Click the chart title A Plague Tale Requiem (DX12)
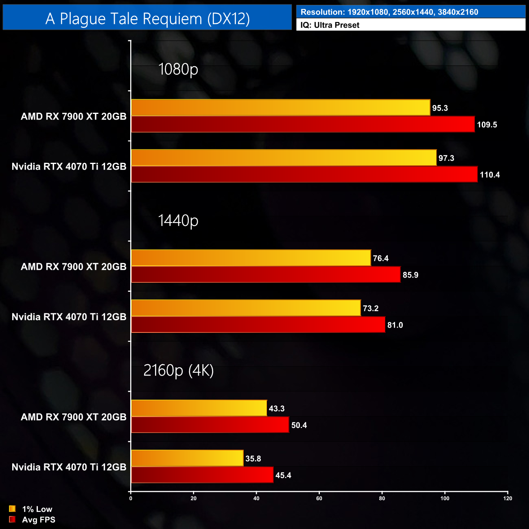coord(147,19)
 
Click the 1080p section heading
coord(178,69)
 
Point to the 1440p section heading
coord(178,220)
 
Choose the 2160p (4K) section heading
coord(179,370)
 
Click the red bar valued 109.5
coord(303,124)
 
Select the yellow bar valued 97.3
coord(284,158)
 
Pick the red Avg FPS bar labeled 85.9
coord(266,275)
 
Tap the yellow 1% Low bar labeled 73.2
coord(246,308)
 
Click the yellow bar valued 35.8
coord(187,458)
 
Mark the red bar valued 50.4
coord(210,425)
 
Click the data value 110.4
coord(490,175)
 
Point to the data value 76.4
coord(381,258)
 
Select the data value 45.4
coord(283,475)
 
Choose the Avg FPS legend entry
coord(32,520)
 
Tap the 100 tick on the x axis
coord(445,498)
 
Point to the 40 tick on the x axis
coord(256,498)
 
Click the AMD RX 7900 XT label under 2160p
coord(74,417)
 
